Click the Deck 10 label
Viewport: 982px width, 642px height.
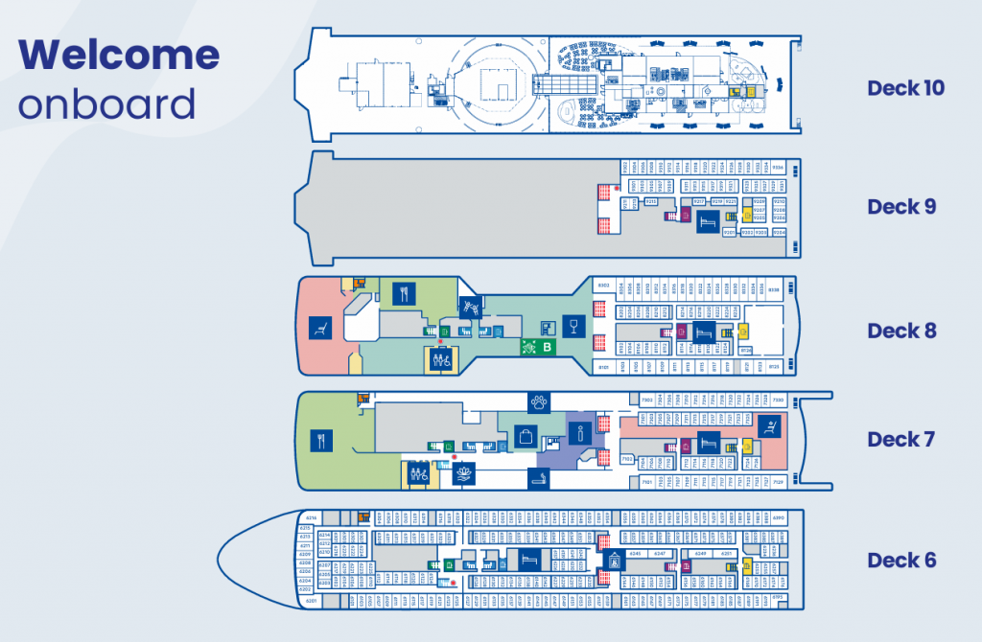(905, 88)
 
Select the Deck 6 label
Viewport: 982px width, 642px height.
(901, 560)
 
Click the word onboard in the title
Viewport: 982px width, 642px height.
(106, 103)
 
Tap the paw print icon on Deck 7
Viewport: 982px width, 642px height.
(539, 402)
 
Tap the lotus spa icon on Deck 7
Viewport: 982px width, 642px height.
(464, 472)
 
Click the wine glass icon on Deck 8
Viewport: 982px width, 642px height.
(573, 327)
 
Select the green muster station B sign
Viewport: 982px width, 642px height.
(540, 347)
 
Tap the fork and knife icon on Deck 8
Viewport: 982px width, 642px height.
(403, 294)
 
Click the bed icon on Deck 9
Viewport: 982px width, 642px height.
(708, 221)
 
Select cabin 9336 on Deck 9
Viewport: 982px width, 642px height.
(777, 168)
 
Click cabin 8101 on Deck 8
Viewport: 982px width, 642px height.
(604, 366)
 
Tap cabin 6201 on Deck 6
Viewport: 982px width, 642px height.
(310, 600)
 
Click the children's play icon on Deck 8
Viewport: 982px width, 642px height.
(470, 306)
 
